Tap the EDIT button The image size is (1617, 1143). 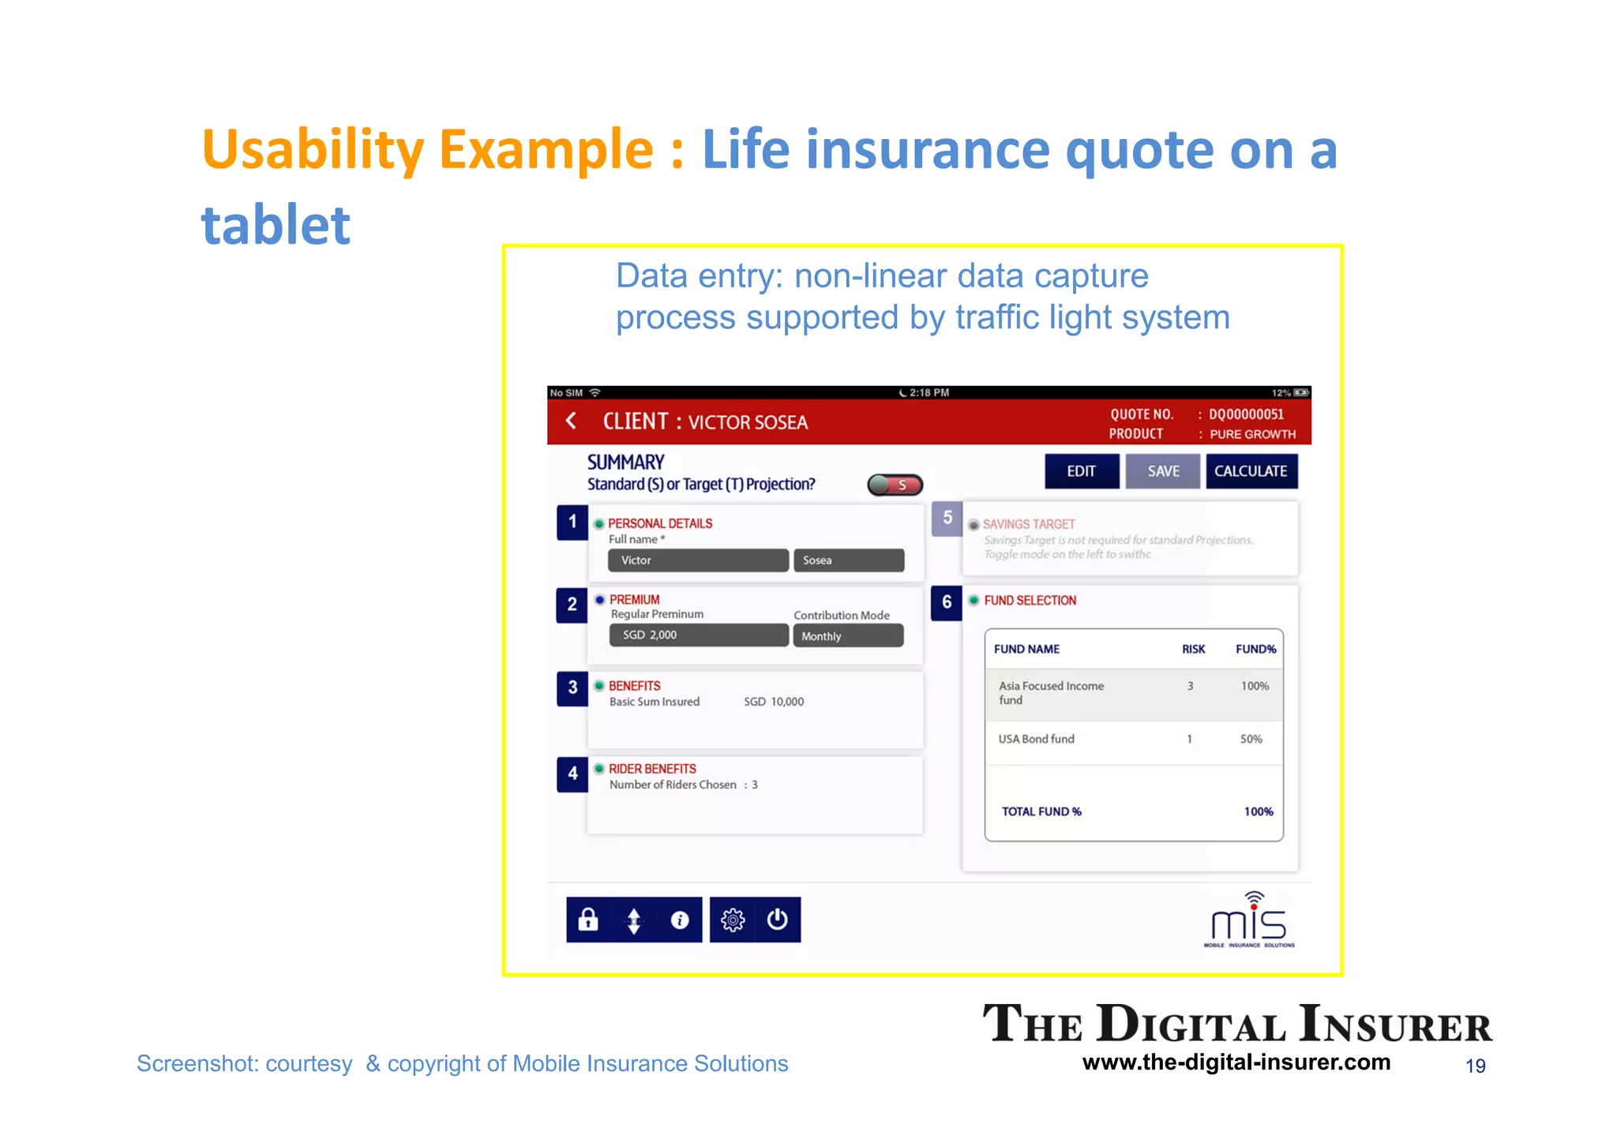tap(1081, 471)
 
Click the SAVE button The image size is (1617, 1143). tap(1162, 471)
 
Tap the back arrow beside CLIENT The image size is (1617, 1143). tap(571, 421)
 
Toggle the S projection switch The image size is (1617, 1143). tap(895, 485)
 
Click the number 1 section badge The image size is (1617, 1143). tap(572, 522)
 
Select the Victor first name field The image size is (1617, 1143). tap(698, 560)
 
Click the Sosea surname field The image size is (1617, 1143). tap(848, 560)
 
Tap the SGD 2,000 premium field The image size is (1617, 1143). tap(698, 635)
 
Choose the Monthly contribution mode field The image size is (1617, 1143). tap(848, 636)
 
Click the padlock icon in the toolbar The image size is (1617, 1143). tap(588, 920)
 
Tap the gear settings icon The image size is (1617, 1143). tap(733, 920)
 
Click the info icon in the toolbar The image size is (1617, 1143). tap(679, 920)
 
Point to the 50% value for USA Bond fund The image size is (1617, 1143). tap(1251, 739)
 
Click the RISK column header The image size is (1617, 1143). tap(1193, 649)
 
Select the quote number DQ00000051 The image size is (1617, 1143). tap(1246, 414)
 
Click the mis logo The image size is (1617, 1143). tap(1249, 920)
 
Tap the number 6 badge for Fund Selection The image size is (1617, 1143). tap(946, 602)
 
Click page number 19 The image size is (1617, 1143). tap(1475, 1066)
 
